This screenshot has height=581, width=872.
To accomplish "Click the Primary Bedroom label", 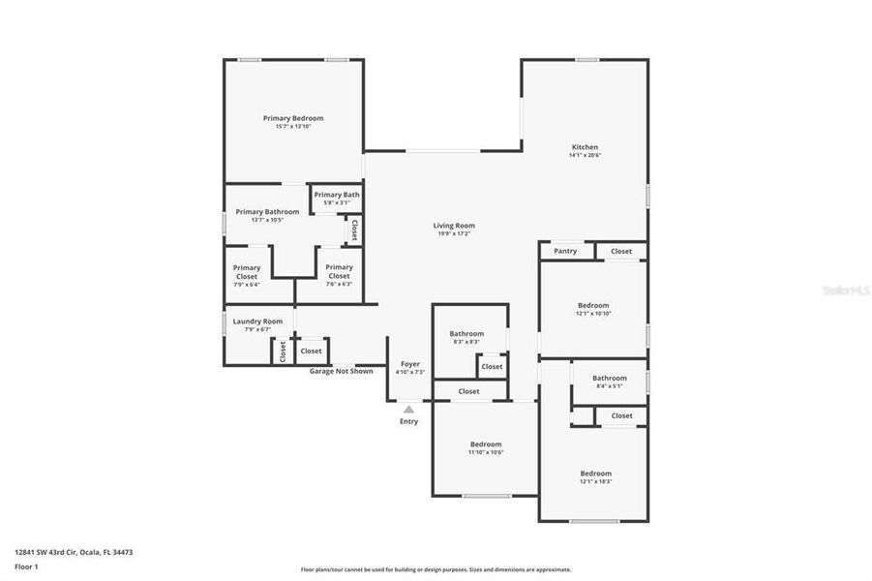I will pos(293,118).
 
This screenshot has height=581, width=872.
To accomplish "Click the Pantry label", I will pos(565,251).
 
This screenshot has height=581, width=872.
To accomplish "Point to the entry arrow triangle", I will pos(408,410).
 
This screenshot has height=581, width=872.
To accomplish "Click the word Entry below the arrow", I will pos(408,421).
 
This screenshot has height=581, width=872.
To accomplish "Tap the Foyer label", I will pos(410,364).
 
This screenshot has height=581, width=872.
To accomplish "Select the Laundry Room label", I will pos(257,321).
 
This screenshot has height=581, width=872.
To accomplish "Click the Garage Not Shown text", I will pos(341,371).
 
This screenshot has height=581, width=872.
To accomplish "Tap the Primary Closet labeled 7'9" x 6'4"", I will pos(246,272).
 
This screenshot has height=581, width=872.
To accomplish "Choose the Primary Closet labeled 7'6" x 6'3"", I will pos(339,271).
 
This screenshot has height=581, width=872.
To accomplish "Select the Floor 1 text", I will pos(26,566).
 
